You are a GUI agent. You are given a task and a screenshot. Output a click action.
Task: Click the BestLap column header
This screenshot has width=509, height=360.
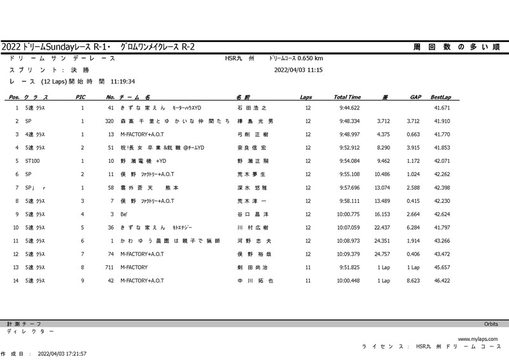pyautogui.click(x=440, y=97)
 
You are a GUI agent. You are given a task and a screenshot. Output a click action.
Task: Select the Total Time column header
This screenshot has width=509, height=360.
pyautogui.click(x=347, y=97)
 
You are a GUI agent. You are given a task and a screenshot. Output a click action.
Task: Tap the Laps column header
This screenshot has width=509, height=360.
pyautogui.click(x=306, y=97)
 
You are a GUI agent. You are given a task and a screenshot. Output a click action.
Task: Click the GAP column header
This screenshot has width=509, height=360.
pyautogui.click(x=415, y=97)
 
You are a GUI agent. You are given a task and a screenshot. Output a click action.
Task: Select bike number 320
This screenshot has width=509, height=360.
pyautogui.click(x=109, y=121)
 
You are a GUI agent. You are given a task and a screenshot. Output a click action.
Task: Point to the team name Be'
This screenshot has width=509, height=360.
pyautogui.click(x=124, y=214)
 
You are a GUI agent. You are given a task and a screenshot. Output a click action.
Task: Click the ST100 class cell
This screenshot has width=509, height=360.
pyautogui.click(x=32, y=161)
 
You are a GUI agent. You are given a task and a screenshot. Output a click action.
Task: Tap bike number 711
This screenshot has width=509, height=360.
pyautogui.click(x=109, y=268)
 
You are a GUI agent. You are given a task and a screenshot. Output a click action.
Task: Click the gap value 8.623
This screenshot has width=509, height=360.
pyautogui.click(x=414, y=281)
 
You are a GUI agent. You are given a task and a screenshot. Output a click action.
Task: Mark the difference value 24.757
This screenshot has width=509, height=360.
pyautogui.click(x=381, y=254)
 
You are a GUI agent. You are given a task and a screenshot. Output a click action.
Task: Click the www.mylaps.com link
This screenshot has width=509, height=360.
pyautogui.click(x=477, y=339)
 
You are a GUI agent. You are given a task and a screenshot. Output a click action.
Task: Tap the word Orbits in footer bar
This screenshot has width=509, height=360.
pyautogui.click(x=491, y=324)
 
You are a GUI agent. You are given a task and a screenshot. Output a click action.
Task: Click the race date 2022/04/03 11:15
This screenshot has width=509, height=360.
pyautogui.click(x=298, y=70)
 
